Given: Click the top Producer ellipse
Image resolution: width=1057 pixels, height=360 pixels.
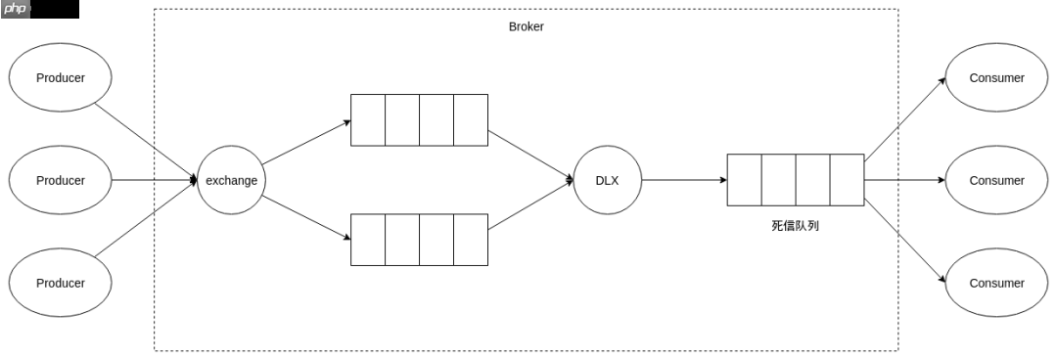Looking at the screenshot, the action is click(x=60, y=77).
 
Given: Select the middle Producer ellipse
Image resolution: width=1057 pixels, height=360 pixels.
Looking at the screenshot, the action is click(x=60, y=180).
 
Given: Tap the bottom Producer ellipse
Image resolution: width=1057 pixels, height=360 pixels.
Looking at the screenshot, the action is click(x=60, y=283).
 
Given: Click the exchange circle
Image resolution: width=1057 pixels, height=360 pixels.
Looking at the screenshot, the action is click(x=231, y=180).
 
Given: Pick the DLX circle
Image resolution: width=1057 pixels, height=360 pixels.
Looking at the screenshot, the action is click(x=608, y=180).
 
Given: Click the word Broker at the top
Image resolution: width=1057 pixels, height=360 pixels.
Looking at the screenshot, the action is click(x=526, y=27).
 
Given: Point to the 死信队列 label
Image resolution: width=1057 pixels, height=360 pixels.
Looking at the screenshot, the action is click(x=796, y=226).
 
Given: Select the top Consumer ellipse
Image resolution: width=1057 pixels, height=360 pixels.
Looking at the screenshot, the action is click(x=997, y=77).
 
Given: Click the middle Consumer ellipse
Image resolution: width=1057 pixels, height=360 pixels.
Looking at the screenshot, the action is click(x=997, y=180).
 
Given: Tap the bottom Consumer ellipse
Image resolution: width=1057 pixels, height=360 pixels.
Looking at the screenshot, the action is click(x=997, y=283).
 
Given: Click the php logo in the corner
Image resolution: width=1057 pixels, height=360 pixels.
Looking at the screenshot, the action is click(x=16, y=10).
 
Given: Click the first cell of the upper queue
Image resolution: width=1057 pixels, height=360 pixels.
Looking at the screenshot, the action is click(x=368, y=120).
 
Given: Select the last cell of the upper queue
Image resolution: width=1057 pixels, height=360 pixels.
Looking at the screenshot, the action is click(x=471, y=120).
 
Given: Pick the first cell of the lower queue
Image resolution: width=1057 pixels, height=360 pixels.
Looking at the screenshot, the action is click(x=368, y=240).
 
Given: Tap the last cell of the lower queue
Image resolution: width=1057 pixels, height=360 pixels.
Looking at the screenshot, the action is click(x=471, y=240).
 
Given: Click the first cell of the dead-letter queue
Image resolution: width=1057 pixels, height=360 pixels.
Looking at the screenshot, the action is click(x=744, y=180).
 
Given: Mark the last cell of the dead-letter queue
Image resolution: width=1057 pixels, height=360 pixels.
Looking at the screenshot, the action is click(x=847, y=180).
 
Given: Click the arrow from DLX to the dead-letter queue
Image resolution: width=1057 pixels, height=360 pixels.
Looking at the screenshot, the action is click(x=684, y=180).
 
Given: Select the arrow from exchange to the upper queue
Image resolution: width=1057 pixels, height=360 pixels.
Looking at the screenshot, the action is click(x=306, y=142).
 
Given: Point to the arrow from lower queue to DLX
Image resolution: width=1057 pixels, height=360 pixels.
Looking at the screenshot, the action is click(x=530, y=204).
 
